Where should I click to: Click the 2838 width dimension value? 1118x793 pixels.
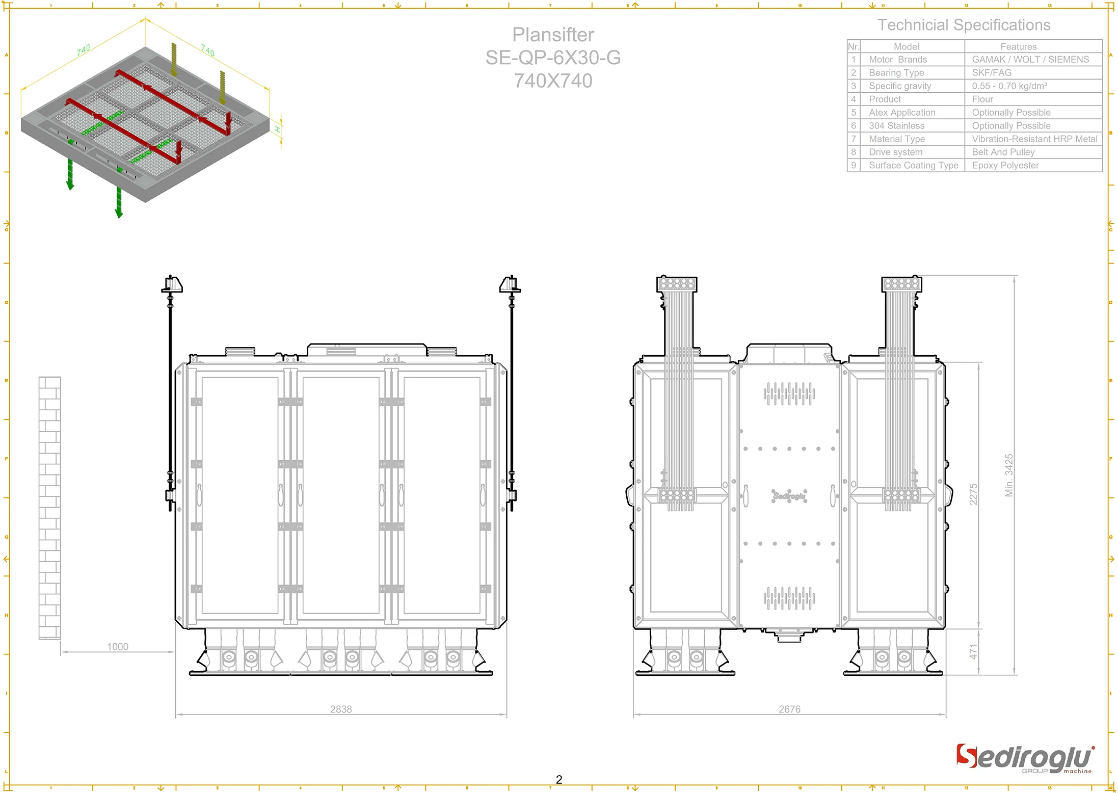(x=341, y=709)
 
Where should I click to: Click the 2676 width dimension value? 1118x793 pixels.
(x=789, y=709)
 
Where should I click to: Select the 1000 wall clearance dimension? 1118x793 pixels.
(x=118, y=647)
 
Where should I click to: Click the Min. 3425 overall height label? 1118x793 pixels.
(x=1009, y=475)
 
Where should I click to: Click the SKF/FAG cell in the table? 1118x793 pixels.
(x=992, y=73)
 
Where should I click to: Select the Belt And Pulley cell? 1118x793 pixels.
(x=1003, y=152)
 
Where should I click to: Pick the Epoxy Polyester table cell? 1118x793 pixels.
(x=1005, y=165)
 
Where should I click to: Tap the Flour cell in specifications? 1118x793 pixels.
(x=982, y=99)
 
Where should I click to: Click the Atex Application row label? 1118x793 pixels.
(x=902, y=113)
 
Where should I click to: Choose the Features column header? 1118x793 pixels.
(x=1018, y=46)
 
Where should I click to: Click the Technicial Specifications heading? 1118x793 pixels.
(x=964, y=25)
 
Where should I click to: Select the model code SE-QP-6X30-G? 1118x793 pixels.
(x=553, y=58)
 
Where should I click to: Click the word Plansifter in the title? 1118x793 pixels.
(x=553, y=35)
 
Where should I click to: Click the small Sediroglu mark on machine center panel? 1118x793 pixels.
(x=789, y=496)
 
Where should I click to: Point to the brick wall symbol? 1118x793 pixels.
(x=49, y=508)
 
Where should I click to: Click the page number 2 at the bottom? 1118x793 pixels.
(x=559, y=780)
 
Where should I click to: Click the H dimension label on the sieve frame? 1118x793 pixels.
(x=278, y=129)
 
